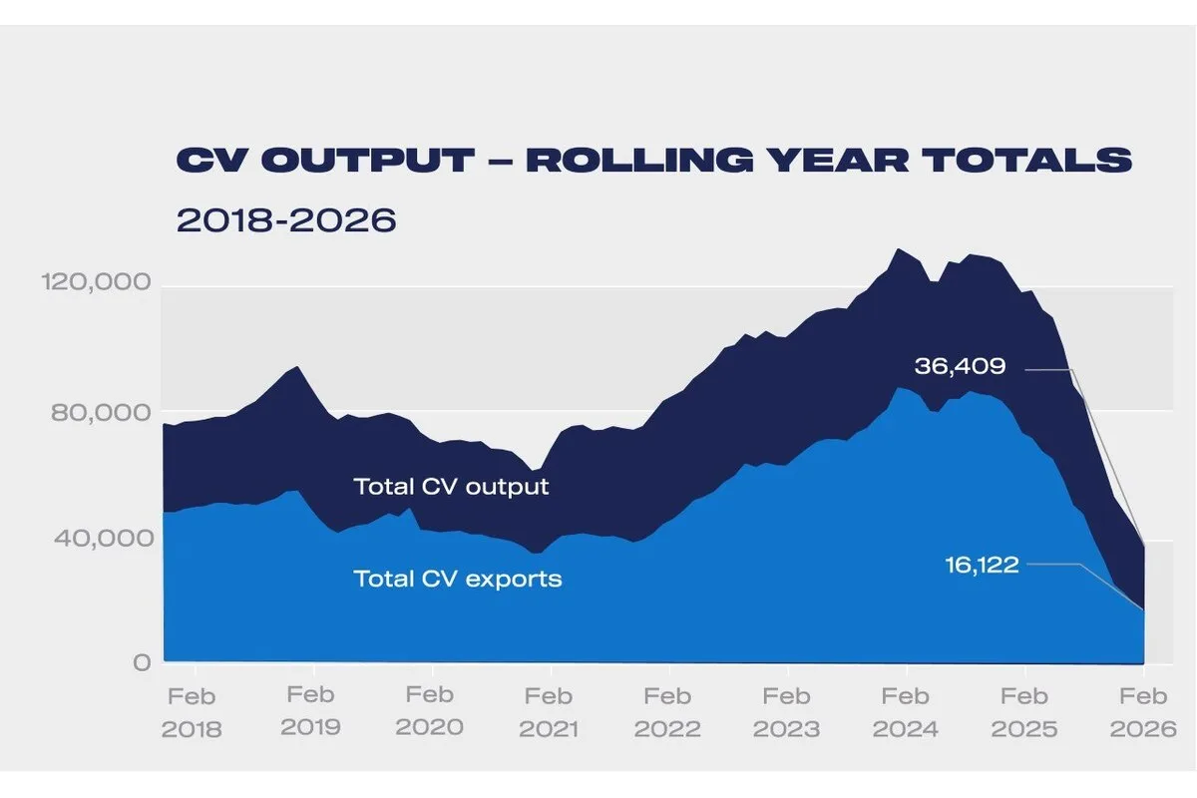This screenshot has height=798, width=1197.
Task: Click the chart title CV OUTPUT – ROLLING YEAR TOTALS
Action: (x=653, y=161)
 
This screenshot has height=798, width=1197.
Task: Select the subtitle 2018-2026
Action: (x=286, y=219)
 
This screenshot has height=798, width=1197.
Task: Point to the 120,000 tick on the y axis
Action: (x=98, y=283)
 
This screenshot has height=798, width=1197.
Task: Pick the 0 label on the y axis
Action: (x=142, y=662)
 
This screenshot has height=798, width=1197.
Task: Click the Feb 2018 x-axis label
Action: (x=193, y=712)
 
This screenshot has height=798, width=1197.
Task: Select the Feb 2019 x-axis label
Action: (x=310, y=711)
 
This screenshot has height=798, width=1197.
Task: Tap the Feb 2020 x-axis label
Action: (x=430, y=711)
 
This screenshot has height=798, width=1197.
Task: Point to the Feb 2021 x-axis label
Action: (x=549, y=712)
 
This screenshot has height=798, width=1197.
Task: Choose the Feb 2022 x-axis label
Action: (x=667, y=712)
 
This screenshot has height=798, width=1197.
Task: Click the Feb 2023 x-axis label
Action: (x=786, y=712)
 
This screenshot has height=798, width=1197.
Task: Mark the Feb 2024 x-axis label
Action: (x=906, y=712)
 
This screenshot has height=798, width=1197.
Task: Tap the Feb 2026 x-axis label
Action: (x=1143, y=712)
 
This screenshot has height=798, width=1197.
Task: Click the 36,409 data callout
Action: (x=960, y=367)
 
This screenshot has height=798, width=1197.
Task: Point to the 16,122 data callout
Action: (x=982, y=566)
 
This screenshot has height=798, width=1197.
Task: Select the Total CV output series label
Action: (x=451, y=487)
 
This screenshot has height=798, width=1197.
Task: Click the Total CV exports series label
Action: (x=458, y=578)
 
